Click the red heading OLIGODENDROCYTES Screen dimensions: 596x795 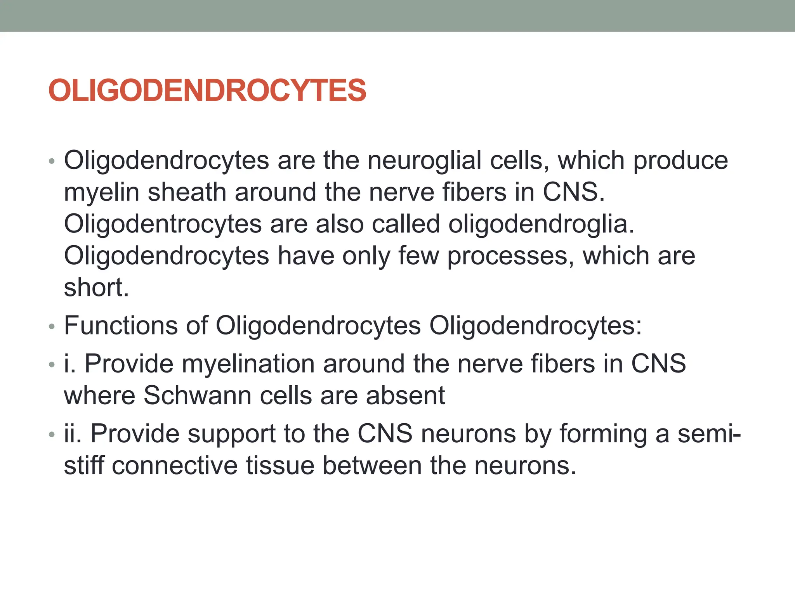pyautogui.click(x=207, y=90)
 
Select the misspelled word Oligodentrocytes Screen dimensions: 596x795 pyautogui.click(x=163, y=224)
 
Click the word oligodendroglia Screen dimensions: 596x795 pyautogui.click(x=541, y=224)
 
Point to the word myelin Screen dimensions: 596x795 pyautogui.click(x=101, y=192)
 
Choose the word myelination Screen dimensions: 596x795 pyautogui.click(x=248, y=364)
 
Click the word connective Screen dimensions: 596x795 pyautogui.click(x=175, y=465)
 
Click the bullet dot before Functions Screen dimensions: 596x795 pyautogui.click(x=52, y=327)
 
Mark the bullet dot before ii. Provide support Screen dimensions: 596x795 pyautogui.click(x=52, y=435)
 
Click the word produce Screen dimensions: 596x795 pyautogui.click(x=680, y=160)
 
